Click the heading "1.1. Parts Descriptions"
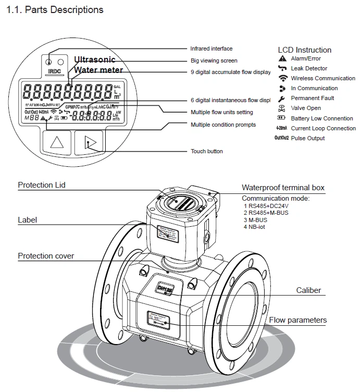[x=55, y=10]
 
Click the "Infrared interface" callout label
[x=211, y=49]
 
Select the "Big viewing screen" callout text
[x=214, y=61]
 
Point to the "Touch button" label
[x=206, y=152]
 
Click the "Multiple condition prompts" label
[x=223, y=125]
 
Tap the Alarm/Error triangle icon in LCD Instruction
[x=282, y=59]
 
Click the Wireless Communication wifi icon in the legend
[x=282, y=78]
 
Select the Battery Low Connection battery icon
[x=282, y=118]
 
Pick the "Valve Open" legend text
[x=306, y=108]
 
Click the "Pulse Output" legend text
[x=307, y=138]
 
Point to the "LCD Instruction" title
[x=304, y=50]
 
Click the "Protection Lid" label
[x=42, y=185]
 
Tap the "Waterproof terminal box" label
[x=283, y=188]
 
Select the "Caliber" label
[x=308, y=290]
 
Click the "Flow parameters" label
[x=297, y=320]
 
